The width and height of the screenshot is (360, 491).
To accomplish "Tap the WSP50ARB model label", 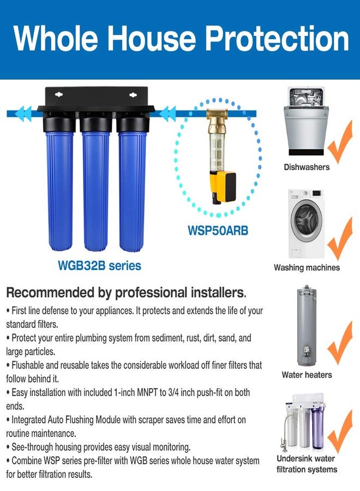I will [218, 231].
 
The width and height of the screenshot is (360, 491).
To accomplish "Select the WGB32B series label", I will [99, 266].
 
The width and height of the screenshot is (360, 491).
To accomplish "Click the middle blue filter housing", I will [95, 185].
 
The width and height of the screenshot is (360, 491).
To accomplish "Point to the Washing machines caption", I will [307, 267].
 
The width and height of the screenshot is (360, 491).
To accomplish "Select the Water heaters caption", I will [307, 375].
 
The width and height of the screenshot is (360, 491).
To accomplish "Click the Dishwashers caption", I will [307, 167].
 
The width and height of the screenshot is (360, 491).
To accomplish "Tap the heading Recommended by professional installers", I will [126, 292].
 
